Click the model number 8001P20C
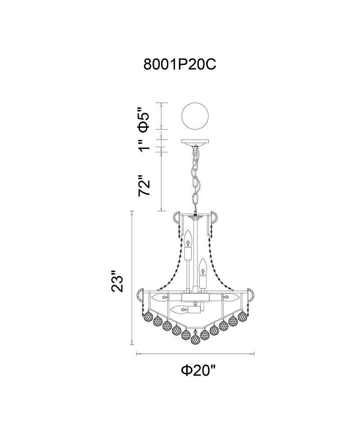180,64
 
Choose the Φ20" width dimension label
199,370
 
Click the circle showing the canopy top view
195,116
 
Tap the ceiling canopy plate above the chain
195,143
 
